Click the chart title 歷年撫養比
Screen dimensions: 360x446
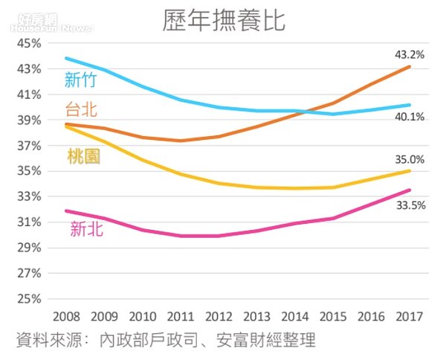224,20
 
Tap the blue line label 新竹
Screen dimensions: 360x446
80,80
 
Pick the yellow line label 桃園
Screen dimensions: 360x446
83,156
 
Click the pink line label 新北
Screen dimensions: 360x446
87,230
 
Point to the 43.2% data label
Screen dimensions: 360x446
408,55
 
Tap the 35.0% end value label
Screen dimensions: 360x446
408,159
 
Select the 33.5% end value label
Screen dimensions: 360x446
408,206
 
